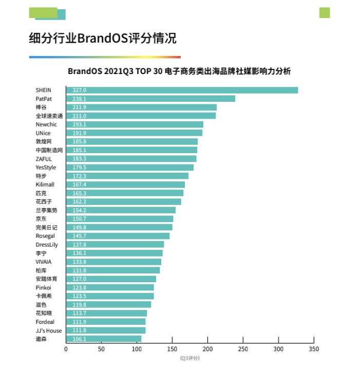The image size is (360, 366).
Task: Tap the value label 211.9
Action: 79,107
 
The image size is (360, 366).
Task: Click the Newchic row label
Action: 46,124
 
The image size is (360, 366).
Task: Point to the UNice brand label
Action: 43,133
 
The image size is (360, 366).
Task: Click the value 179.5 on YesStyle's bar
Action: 79,168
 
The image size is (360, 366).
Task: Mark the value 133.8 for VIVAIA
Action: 79,262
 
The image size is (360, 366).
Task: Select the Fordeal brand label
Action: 44,322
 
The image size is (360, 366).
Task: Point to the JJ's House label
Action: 48,331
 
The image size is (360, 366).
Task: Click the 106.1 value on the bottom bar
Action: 79,339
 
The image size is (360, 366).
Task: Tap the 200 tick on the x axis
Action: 207,349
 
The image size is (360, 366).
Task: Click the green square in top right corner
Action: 325,13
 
